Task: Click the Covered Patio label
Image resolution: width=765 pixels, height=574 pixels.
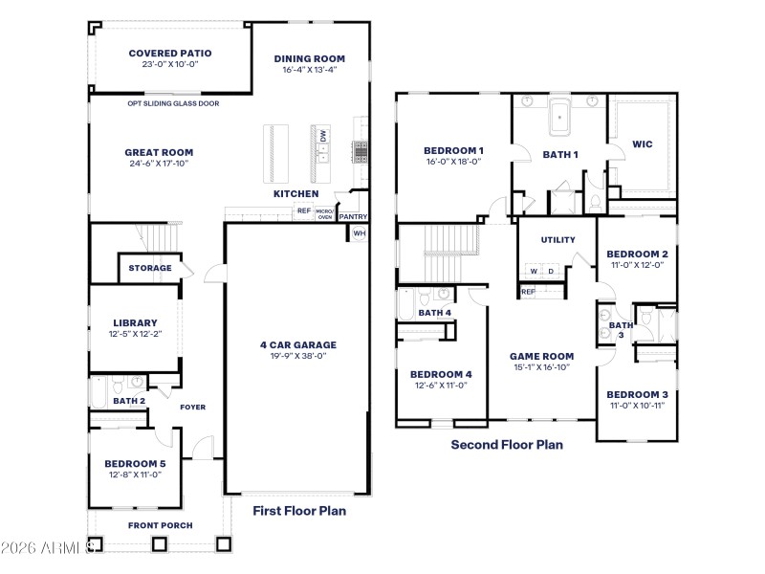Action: point(170,54)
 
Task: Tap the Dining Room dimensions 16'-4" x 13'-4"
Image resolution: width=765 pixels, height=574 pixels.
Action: point(309,69)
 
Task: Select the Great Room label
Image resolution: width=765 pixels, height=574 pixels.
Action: point(159,152)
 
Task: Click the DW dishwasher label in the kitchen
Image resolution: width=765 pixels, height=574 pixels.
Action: point(323,137)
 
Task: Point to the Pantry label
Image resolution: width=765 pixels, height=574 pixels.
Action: point(353,216)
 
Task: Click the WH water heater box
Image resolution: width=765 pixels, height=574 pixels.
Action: point(360,232)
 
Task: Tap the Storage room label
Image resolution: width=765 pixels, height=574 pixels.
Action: point(150,268)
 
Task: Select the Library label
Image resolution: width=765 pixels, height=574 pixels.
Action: point(135,322)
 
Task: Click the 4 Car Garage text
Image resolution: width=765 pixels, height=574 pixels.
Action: point(297,344)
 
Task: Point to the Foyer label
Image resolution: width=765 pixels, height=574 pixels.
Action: point(193,407)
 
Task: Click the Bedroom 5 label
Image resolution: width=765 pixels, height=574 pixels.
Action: point(135,463)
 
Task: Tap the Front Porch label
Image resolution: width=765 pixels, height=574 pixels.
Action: point(161,525)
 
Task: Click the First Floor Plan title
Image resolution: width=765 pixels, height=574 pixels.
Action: point(299,511)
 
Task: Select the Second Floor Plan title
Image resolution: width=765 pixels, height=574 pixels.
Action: point(507,444)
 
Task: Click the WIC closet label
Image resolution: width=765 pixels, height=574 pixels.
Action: point(643,144)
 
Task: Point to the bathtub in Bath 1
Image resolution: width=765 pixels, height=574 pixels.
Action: point(560,117)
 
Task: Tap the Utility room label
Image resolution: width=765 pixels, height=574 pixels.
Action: point(557,239)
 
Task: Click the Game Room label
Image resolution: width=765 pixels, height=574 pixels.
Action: point(541,355)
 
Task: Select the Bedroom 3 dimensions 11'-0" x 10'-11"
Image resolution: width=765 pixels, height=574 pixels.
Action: point(637,406)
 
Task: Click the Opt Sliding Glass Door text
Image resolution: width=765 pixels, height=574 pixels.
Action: point(173,102)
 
